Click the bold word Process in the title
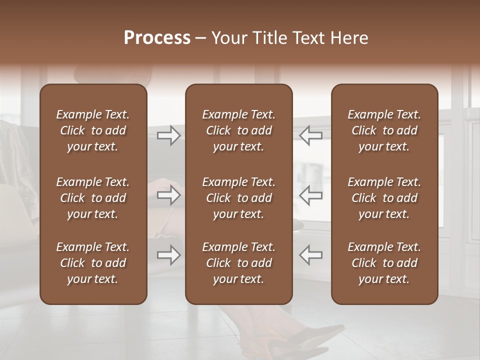pyautogui.click(x=157, y=38)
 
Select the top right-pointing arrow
pyautogui.click(x=169, y=135)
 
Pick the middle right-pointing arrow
pyautogui.click(x=169, y=194)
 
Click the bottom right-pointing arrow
pyautogui.click(x=169, y=255)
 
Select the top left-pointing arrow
pyautogui.click(x=311, y=135)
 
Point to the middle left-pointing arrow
pyautogui.click(x=311, y=194)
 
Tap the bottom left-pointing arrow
pyautogui.click(x=311, y=255)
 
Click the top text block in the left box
pyautogui.click(x=93, y=130)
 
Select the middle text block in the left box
pyautogui.click(x=93, y=198)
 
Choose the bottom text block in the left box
pyautogui.click(x=93, y=263)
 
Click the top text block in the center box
pyautogui.click(x=239, y=130)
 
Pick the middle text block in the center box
pyautogui.click(x=239, y=198)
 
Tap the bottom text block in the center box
pyautogui.click(x=239, y=263)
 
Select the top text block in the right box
pyautogui.click(x=384, y=130)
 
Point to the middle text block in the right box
pyautogui.click(x=384, y=198)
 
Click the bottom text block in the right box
pyautogui.click(x=384, y=263)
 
